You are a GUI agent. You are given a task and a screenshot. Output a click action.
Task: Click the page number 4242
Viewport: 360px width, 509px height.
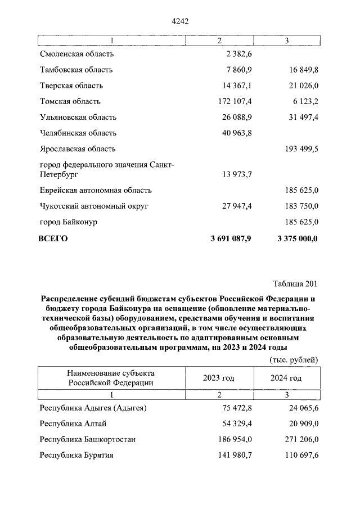point(179,21)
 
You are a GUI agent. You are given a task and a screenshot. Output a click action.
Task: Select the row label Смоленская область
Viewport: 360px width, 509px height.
point(77,54)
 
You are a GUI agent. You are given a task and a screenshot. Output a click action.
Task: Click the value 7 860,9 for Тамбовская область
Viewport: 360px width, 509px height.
point(237,70)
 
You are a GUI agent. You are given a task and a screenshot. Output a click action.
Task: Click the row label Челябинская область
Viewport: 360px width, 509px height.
point(78,133)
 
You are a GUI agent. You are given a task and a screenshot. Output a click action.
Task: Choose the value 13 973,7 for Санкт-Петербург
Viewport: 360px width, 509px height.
point(236,175)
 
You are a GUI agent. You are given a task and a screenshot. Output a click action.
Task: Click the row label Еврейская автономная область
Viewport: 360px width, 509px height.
point(96,191)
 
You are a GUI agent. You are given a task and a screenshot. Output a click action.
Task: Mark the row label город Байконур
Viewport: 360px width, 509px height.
point(69,222)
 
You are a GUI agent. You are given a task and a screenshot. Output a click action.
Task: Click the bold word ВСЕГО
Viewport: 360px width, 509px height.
point(53,238)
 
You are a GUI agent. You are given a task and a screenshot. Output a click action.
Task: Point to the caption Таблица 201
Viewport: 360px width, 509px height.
point(295,282)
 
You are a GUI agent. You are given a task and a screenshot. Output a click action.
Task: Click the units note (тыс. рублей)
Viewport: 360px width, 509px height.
point(294,359)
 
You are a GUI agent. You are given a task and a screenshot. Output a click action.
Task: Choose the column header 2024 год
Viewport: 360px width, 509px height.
point(286,378)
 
